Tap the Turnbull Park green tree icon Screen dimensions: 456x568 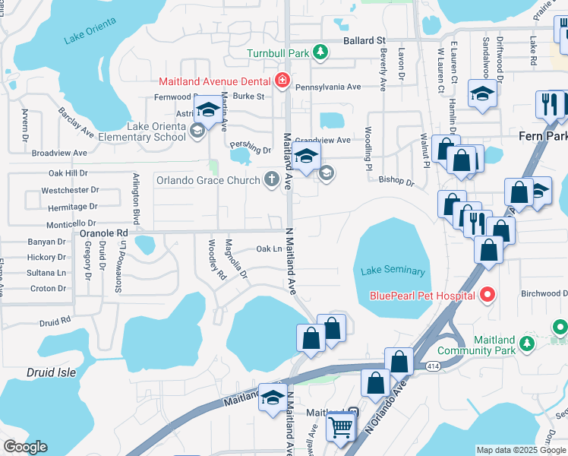pyautogui.click(x=322, y=52)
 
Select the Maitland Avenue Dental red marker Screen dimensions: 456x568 pyautogui.click(x=282, y=81)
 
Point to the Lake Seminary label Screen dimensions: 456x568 pyautogui.click(x=393, y=271)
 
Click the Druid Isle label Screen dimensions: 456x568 pyautogui.click(x=51, y=373)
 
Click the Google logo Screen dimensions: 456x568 pyautogui.click(x=24, y=447)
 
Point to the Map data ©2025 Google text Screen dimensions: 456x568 pyautogui.click(x=521, y=450)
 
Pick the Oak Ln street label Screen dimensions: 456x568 pyautogui.click(x=270, y=249)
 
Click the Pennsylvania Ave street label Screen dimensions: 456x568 pyautogui.click(x=327, y=87)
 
